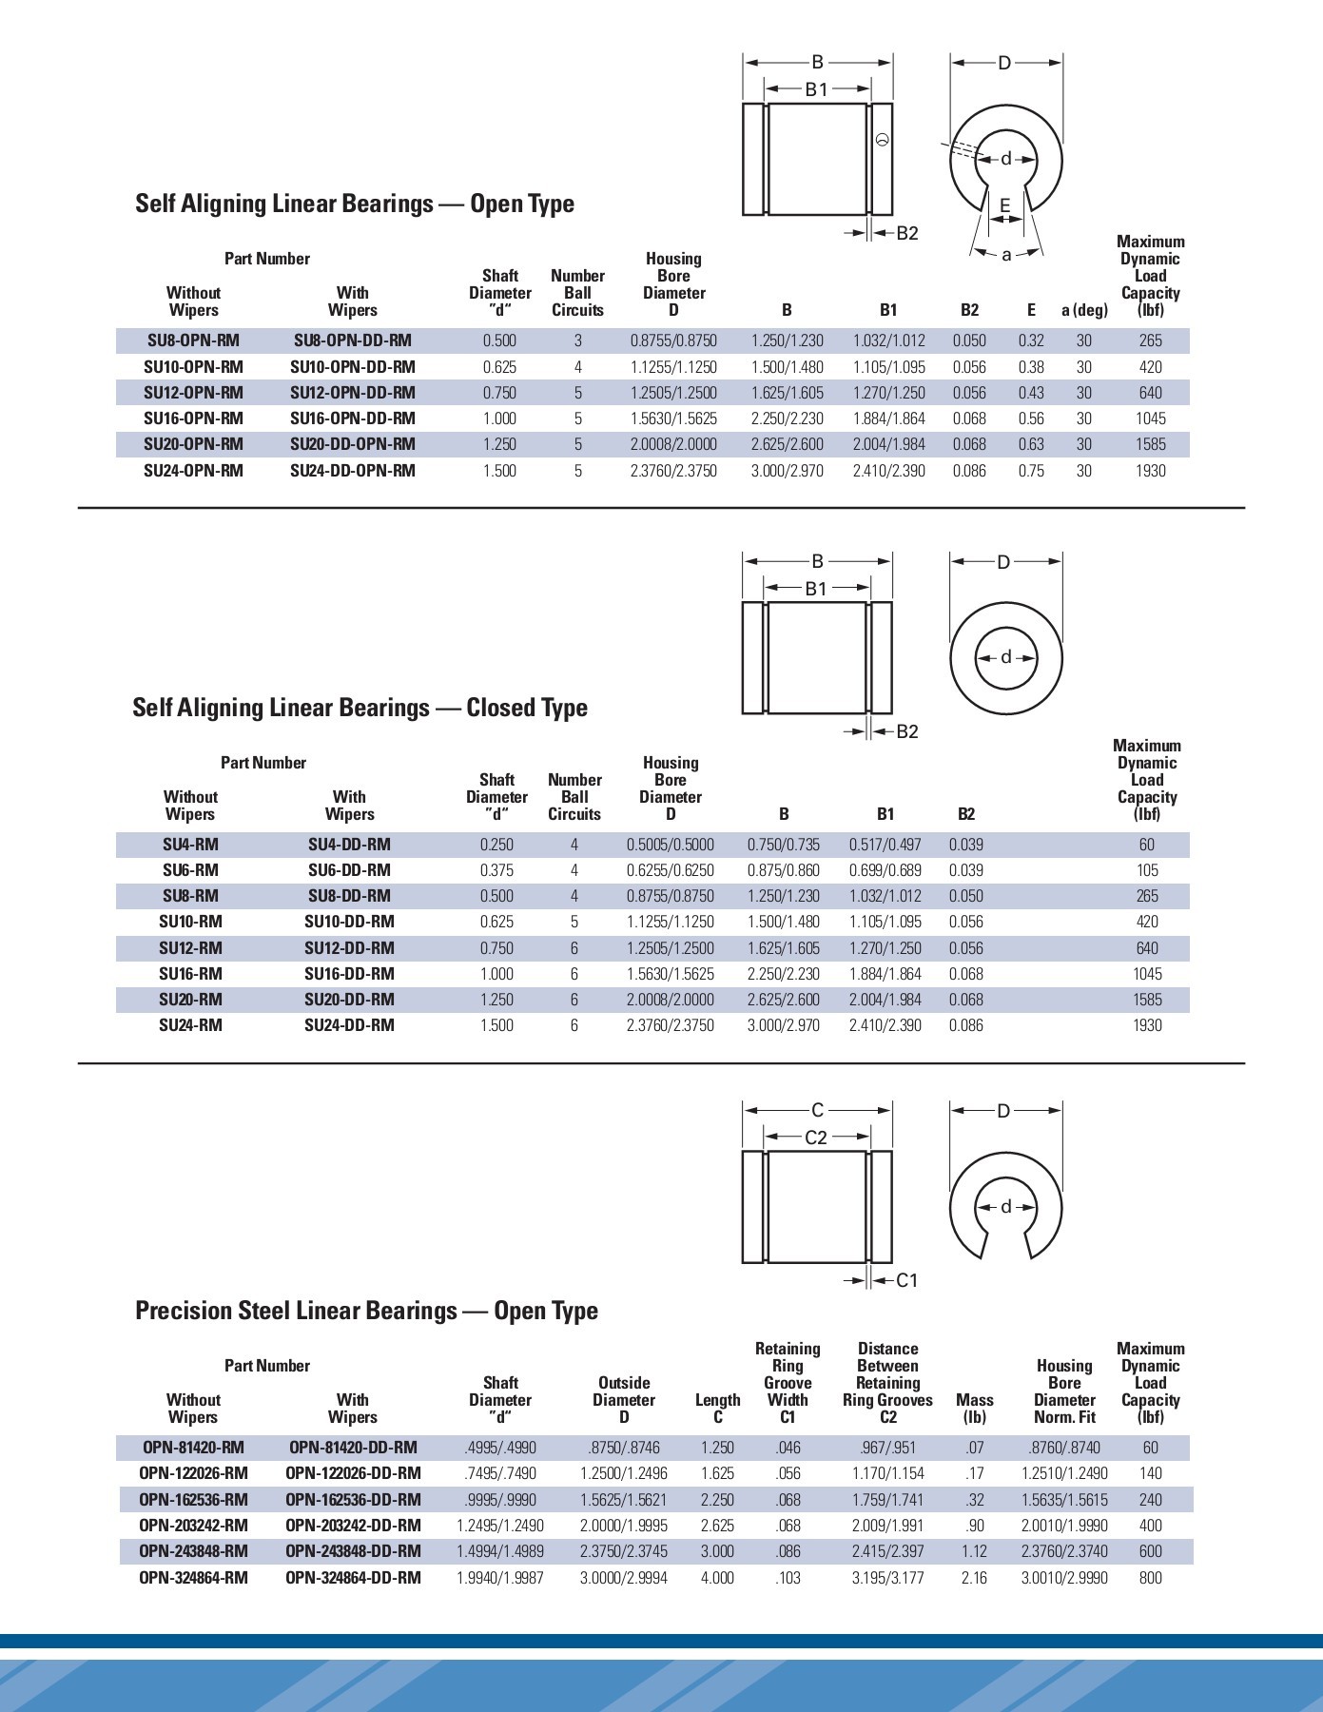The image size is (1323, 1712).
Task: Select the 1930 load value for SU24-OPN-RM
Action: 1150,471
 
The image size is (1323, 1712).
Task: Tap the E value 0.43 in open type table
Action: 1030,393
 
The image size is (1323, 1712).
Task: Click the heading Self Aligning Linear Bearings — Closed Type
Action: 360,708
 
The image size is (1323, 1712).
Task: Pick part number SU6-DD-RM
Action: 349,870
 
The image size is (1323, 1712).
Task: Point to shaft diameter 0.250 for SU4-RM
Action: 496,845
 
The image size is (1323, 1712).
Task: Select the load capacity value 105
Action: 1147,870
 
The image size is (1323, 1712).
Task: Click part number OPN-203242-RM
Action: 193,1526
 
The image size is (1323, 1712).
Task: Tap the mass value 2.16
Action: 974,1578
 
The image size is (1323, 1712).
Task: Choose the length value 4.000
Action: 717,1578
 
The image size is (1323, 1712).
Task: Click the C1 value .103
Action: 788,1578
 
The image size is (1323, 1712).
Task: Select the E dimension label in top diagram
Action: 1005,204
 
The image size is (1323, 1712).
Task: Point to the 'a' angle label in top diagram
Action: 1006,254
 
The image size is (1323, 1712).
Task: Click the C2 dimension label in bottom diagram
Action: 816,1137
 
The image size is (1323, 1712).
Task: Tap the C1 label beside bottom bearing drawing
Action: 907,1280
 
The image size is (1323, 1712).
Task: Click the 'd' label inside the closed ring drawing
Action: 1006,657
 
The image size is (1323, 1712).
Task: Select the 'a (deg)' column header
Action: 1084,310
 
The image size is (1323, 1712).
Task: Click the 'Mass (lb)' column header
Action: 974,1409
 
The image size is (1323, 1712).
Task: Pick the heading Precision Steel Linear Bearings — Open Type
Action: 366,1311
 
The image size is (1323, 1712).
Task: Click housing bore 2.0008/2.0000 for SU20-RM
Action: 670,1000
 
